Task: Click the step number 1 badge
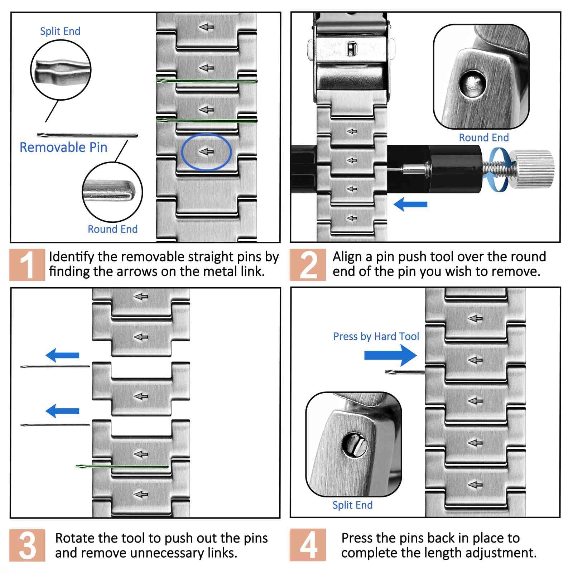[x=27, y=265]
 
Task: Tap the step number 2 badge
[x=308, y=265]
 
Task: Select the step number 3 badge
[x=27, y=545]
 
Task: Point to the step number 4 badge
[x=308, y=545]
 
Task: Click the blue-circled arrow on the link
[x=206, y=152]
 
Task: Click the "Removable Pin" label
[x=63, y=147]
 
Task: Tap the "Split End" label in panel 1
[x=60, y=31]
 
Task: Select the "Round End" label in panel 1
[x=112, y=229]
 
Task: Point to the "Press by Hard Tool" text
[x=376, y=336]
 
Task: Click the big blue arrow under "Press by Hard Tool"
[x=390, y=355]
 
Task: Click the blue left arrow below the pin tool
[x=410, y=204]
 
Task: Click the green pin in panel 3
[x=122, y=466]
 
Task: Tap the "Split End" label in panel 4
[x=352, y=505]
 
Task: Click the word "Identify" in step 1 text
[x=72, y=257]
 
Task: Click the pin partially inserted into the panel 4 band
[x=405, y=372]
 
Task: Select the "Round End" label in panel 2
[x=484, y=138]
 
